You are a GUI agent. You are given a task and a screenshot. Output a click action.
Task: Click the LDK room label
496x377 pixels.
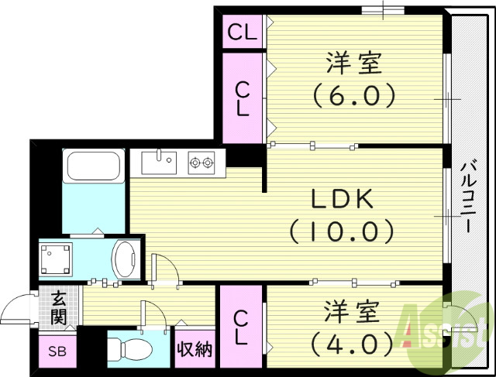[x=342, y=200]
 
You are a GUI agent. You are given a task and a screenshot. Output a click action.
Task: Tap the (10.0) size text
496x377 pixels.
[x=342, y=230]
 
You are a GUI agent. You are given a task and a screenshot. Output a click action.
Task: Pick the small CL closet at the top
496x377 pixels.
[x=243, y=33]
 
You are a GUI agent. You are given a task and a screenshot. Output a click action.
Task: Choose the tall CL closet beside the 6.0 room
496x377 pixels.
[x=243, y=98]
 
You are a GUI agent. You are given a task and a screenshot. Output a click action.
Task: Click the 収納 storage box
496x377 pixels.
[x=195, y=350]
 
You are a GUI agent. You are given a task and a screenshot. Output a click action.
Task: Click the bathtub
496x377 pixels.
[x=92, y=166]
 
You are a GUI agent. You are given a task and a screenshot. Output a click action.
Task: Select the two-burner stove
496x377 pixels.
[x=201, y=162]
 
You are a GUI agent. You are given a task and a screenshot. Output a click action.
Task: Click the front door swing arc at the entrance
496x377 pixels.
[x=17, y=312]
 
